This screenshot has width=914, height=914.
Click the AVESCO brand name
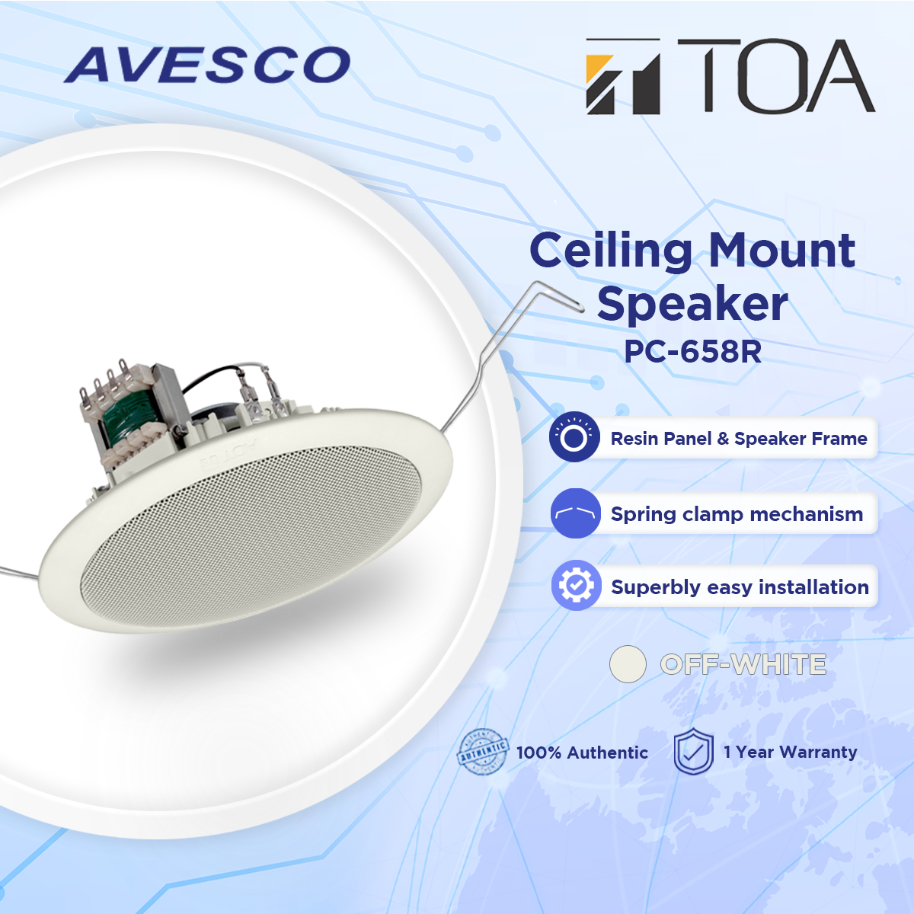[207, 66]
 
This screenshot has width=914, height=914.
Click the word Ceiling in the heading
[611, 251]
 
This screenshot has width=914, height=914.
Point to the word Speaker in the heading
[692, 304]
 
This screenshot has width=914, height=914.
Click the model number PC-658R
[692, 351]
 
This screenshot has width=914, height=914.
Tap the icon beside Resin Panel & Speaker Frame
[574, 437]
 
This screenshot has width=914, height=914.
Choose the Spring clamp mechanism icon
[575, 513]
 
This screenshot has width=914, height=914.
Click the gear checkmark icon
[576, 586]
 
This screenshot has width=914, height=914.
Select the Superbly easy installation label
[740, 587]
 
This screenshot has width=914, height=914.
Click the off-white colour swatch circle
[628, 664]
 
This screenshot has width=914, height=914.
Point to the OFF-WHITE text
[743, 664]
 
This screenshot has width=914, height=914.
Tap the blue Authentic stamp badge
[482, 752]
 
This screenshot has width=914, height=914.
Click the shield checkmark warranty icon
[693, 751]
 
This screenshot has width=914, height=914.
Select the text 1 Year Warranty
[790, 752]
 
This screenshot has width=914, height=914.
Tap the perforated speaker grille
[251, 533]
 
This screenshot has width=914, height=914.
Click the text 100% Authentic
[582, 753]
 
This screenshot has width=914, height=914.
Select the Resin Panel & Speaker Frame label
[739, 439]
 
